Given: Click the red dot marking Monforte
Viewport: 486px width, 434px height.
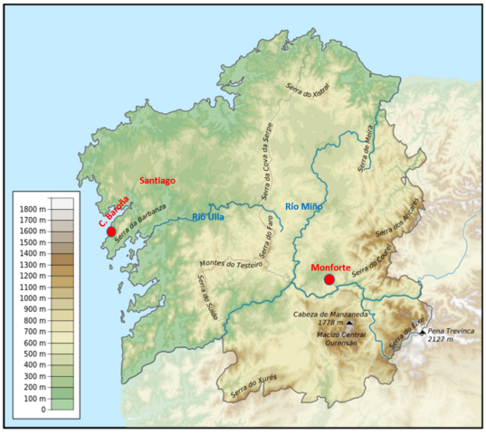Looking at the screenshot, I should [329, 280].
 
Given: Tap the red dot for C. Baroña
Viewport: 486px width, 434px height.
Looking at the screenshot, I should [111, 231].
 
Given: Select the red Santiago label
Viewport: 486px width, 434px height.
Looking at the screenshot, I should [157, 182].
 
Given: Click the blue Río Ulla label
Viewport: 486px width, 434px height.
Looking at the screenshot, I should [211, 216].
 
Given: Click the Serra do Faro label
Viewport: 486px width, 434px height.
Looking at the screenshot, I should [265, 234].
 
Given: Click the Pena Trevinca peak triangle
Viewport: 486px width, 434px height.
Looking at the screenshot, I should [422, 334].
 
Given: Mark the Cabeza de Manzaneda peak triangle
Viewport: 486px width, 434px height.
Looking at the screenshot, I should [349, 323].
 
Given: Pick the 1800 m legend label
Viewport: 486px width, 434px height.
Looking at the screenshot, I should [32, 209].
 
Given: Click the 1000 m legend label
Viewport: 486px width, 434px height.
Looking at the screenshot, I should [32, 297].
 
